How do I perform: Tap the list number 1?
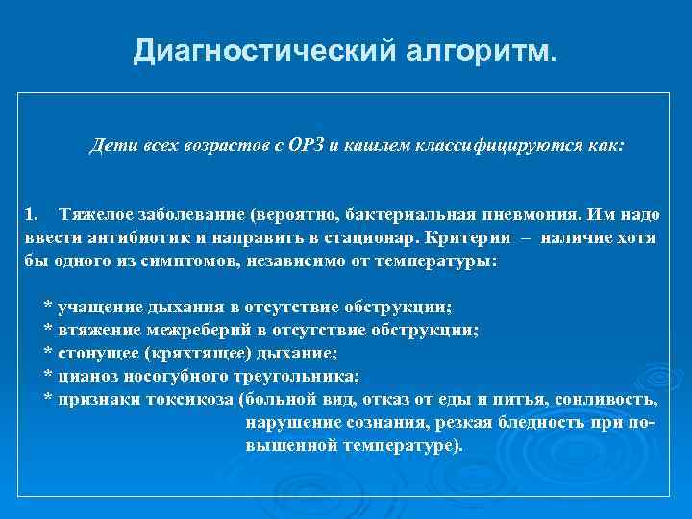pyautogui.click(x=32, y=211)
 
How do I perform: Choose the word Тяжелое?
pyautogui.click(x=96, y=211)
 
